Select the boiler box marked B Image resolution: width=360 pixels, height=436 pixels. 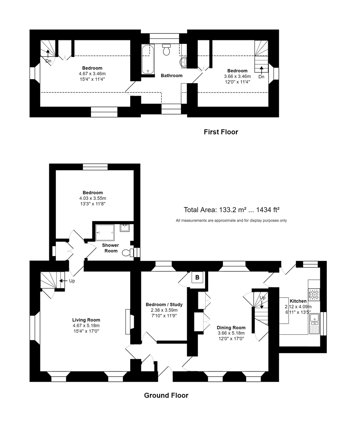click(x=197, y=278)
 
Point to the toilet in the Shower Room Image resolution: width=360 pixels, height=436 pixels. click(x=128, y=253)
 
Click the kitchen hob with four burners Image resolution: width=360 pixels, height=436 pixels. click(x=314, y=294)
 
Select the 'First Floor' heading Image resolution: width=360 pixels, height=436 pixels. click(x=221, y=132)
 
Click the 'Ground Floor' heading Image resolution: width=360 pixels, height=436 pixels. click(x=166, y=395)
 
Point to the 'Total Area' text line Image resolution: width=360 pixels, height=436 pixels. click(x=232, y=210)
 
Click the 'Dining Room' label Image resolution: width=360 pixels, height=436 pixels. click(x=231, y=327)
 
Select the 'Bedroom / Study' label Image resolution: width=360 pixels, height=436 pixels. click(x=164, y=304)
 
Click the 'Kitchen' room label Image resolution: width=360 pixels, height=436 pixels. click(x=298, y=301)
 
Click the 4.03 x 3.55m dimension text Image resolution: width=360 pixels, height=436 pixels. click(x=92, y=198)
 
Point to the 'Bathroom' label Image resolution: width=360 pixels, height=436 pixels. click(x=172, y=75)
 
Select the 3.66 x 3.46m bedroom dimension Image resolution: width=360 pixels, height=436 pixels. click(x=237, y=76)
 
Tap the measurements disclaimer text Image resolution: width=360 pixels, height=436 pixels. click(x=231, y=220)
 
